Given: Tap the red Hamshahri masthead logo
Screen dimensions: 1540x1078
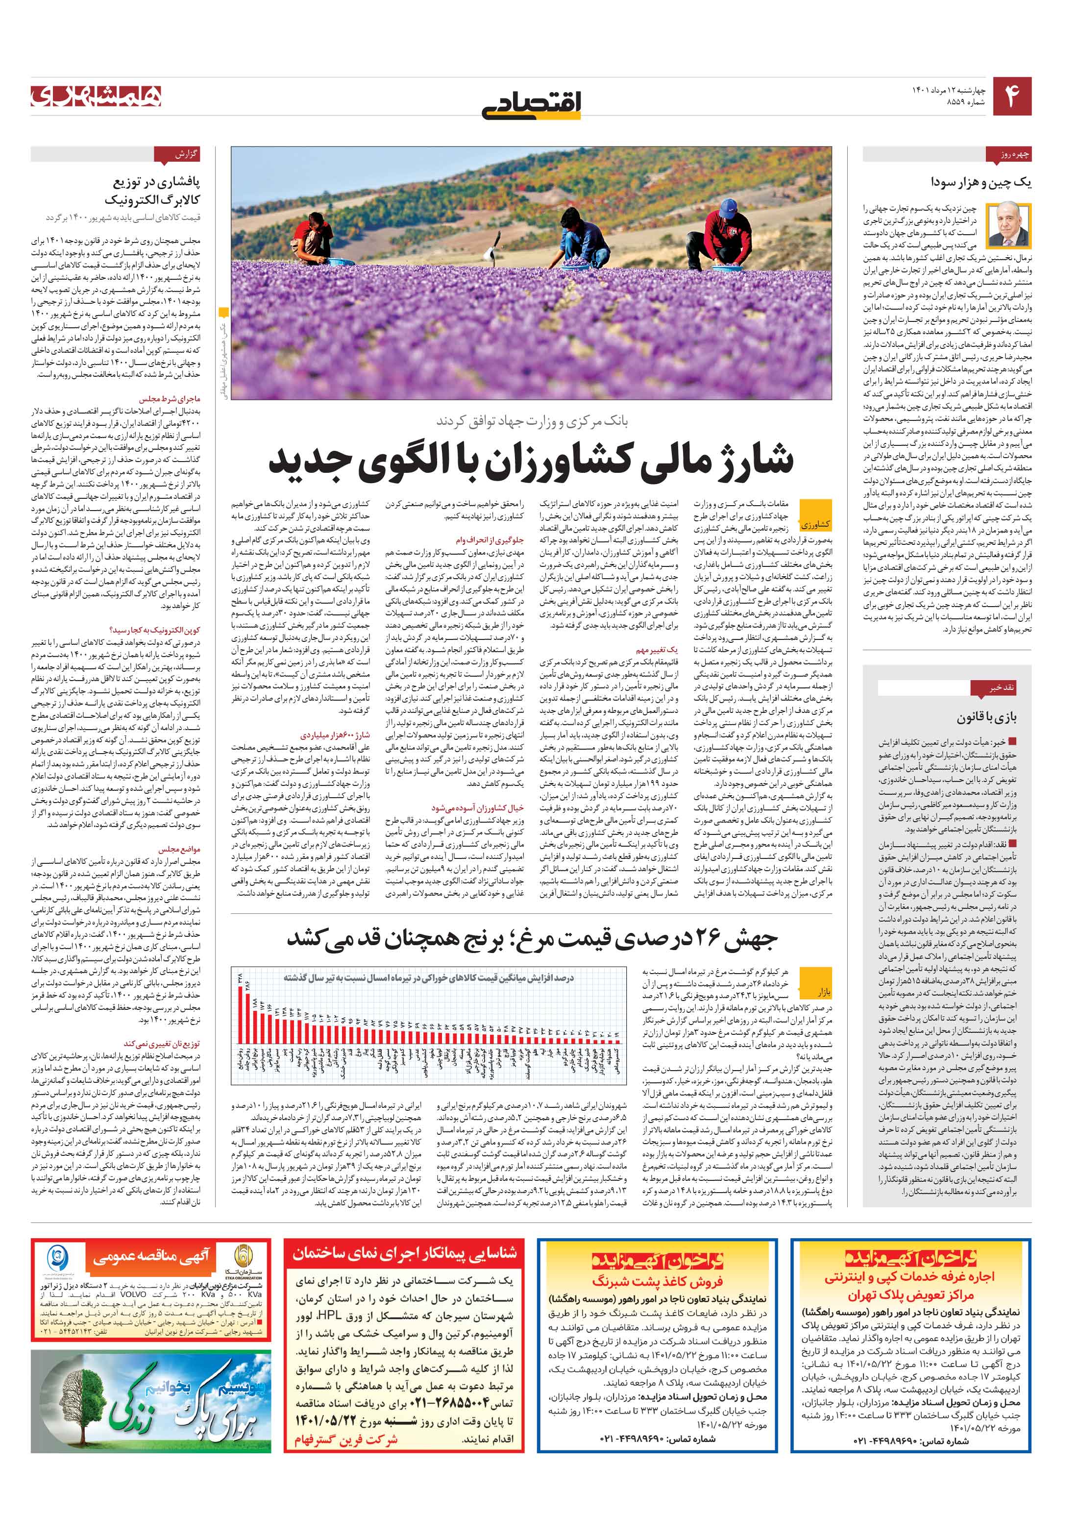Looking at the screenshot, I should point(96,96).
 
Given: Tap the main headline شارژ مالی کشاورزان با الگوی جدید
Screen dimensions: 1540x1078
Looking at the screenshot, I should point(531,461).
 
